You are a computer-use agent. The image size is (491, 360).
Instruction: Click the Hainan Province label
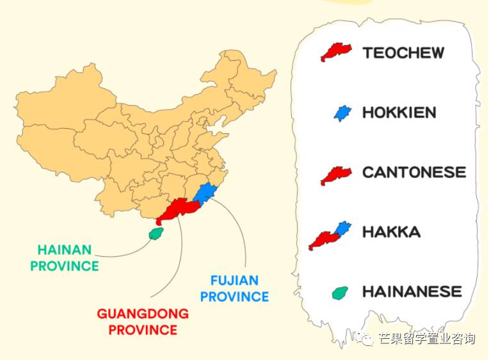64,258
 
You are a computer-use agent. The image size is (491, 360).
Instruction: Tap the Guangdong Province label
143,322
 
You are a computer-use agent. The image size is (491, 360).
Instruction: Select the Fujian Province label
239,288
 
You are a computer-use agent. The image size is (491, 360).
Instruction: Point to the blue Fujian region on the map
206,193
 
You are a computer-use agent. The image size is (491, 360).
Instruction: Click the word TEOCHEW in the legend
403,53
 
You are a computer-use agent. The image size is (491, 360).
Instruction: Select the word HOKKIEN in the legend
399,113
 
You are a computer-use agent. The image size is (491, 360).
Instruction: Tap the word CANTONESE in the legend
414,172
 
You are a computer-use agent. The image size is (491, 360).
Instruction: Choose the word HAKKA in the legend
391,232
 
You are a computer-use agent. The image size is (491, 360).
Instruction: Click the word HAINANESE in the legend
412,291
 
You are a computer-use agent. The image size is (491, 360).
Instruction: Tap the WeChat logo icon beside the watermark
367,340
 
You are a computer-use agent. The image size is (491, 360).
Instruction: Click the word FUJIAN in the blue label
234,281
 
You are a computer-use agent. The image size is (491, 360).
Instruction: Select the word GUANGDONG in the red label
143,314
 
